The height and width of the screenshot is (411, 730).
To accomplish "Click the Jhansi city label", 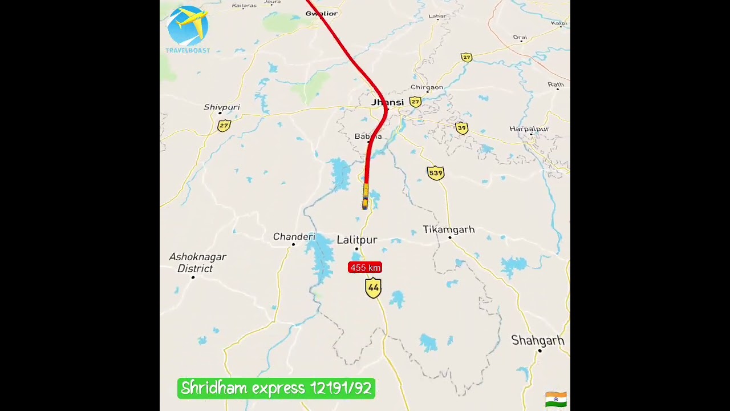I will [387, 103].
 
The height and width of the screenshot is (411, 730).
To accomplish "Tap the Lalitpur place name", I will [357, 240].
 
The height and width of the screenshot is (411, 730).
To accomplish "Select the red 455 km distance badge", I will [365, 268].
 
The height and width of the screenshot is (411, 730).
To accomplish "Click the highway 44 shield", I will [373, 288].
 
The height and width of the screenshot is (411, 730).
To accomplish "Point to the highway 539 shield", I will [436, 173].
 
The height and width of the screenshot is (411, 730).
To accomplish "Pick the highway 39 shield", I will [461, 128].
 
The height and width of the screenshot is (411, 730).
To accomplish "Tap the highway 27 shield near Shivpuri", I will [224, 126].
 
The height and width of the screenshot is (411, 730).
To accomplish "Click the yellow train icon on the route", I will [365, 196].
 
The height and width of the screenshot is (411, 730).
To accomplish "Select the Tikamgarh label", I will [448, 229].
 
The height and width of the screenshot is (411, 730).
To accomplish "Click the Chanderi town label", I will [294, 237].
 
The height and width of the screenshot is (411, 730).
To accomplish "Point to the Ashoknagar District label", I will [197, 263].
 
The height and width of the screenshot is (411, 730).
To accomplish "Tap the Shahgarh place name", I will [538, 341].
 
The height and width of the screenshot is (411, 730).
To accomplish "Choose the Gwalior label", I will [322, 13].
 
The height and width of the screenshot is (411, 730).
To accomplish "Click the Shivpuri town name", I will [221, 107].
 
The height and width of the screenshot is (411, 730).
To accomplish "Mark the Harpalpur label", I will [529, 129].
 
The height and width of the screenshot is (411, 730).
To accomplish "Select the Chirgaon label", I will [427, 87].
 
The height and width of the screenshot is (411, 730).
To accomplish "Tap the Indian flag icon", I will [555, 399].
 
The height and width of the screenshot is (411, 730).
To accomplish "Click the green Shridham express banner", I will [276, 389].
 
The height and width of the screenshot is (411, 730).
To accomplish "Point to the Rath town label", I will [555, 85].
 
